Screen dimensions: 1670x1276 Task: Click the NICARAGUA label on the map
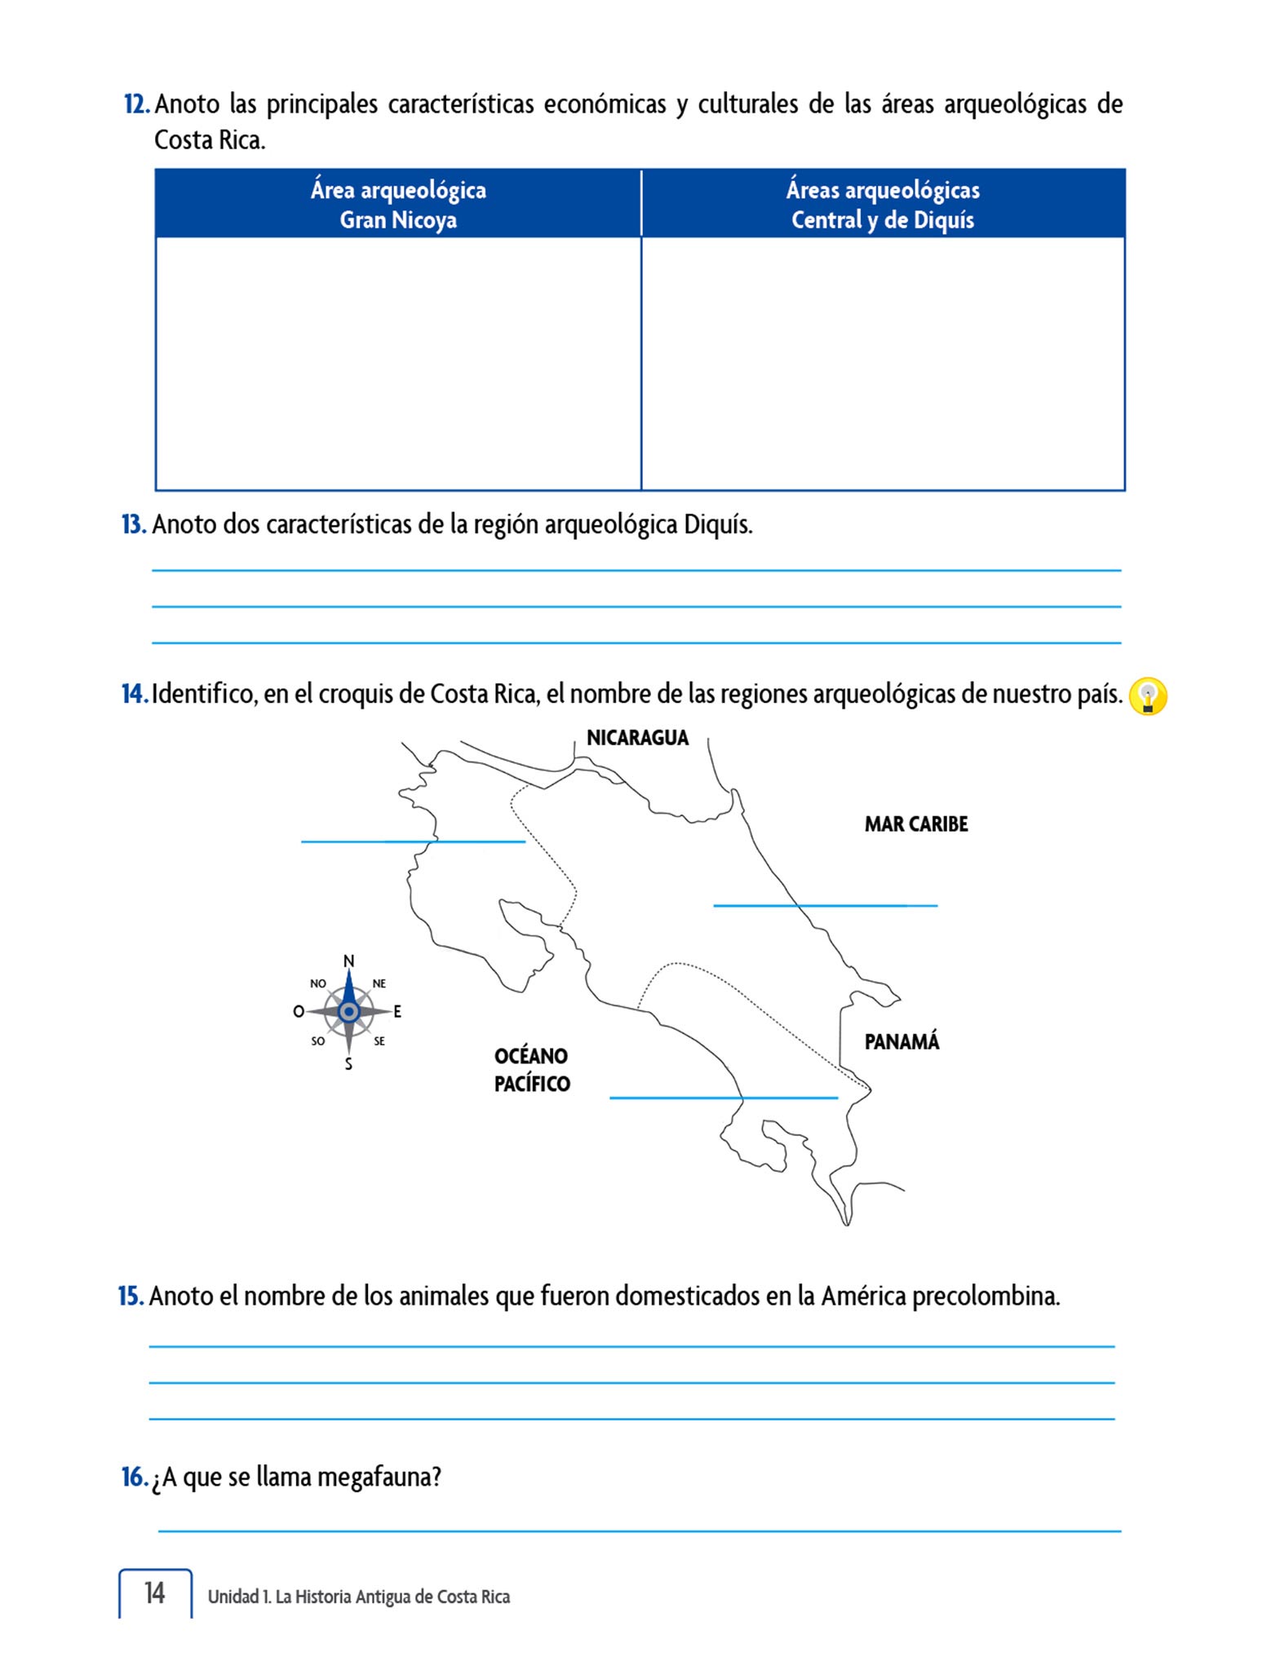click(637, 738)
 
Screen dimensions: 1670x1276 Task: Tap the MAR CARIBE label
click(915, 824)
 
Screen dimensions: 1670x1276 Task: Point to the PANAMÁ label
click(902, 1042)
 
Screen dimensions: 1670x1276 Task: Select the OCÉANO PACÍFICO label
click(532, 1070)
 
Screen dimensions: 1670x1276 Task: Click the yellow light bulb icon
click(1147, 697)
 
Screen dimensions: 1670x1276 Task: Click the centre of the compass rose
click(349, 1012)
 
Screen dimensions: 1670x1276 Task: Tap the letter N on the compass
click(349, 961)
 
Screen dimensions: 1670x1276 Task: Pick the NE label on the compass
click(379, 983)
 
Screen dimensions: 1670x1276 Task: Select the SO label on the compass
click(318, 1041)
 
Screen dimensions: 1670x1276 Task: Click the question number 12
click(136, 104)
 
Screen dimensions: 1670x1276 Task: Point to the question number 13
click(134, 524)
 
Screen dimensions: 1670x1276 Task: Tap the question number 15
click(131, 1296)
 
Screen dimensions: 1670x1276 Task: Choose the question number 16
click(134, 1477)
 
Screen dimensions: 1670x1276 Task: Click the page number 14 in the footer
click(155, 1593)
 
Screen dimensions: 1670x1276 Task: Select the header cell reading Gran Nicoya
click(398, 205)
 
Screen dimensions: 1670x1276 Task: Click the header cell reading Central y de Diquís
click(883, 205)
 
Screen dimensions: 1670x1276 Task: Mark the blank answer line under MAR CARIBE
click(825, 905)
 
